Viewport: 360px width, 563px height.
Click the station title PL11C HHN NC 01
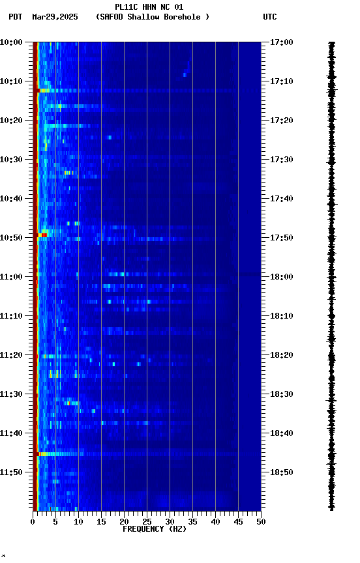tap(149, 7)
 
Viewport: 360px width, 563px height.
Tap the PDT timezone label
tap(16, 17)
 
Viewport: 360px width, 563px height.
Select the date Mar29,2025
tap(54, 17)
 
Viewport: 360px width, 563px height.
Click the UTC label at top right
tap(270, 17)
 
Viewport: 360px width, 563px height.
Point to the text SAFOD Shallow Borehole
tap(153, 17)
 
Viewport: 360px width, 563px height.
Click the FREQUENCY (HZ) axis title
tap(154, 529)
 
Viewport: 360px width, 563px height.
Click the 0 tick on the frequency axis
tap(33, 522)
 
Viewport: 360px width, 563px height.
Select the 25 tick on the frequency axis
tap(147, 522)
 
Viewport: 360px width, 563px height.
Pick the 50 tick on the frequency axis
tap(261, 522)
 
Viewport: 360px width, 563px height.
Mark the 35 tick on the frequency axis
tap(192, 522)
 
